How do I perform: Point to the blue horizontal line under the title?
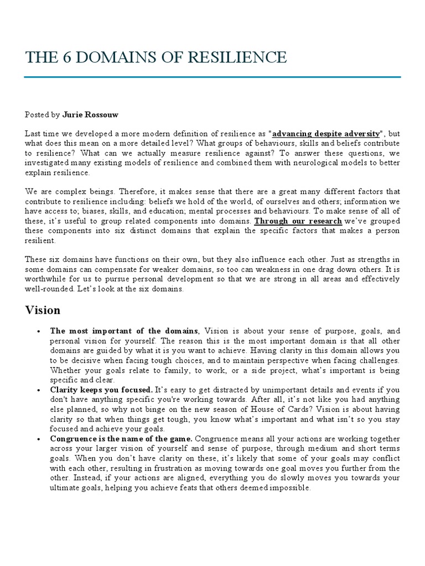[212, 77]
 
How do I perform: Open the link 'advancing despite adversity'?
[326, 134]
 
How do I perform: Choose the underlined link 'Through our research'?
[298, 221]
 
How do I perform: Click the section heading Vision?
[43, 310]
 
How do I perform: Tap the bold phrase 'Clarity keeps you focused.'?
[101, 390]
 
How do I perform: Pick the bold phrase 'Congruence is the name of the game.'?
[121, 438]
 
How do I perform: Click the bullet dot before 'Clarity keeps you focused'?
[38, 390]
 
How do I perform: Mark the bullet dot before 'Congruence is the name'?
[38, 438]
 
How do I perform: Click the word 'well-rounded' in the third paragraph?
[49, 289]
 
